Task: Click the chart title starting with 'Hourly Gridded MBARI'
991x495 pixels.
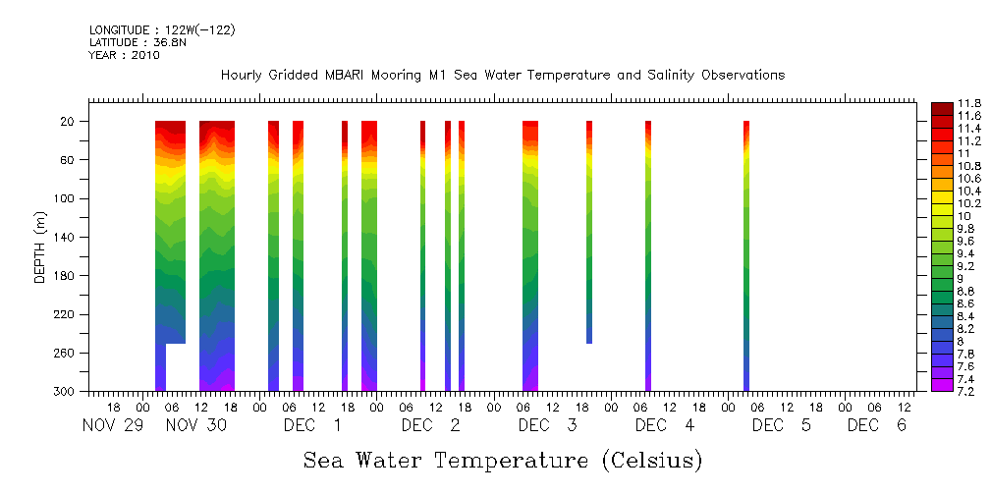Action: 503,76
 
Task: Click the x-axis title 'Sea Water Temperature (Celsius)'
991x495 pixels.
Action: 503,460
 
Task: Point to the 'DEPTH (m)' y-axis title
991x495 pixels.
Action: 40,247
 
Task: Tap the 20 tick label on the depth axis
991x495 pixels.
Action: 69,122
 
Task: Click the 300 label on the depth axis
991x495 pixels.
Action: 66,392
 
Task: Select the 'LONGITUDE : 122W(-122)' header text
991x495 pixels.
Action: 162,30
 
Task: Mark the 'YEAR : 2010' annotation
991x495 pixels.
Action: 124,56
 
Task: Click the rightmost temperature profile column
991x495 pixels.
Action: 746,255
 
